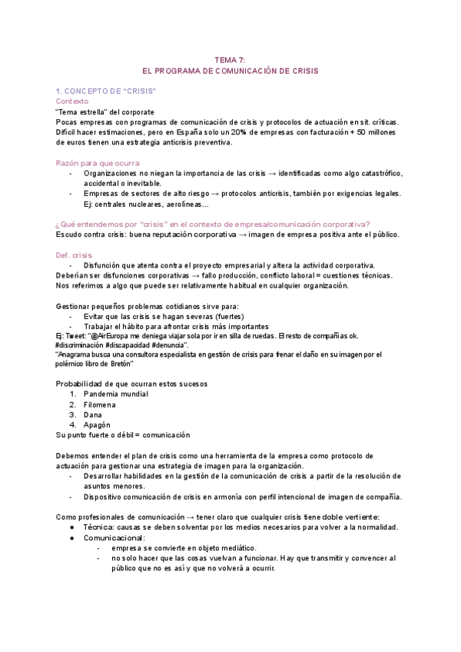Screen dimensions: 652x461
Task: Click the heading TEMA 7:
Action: tap(229, 59)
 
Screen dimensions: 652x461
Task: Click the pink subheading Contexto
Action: tap(72, 101)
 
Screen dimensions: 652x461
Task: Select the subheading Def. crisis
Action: tap(74, 254)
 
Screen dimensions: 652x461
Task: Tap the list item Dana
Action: tap(92, 414)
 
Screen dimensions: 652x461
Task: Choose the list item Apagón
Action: tap(96, 424)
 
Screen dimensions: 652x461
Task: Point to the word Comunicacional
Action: tap(114, 537)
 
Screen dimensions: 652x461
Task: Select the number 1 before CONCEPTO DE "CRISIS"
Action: tap(58, 91)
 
